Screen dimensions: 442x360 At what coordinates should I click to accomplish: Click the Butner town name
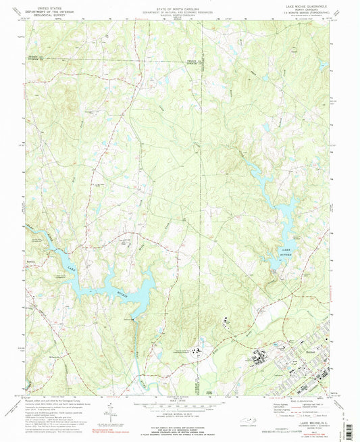point(309,353)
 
